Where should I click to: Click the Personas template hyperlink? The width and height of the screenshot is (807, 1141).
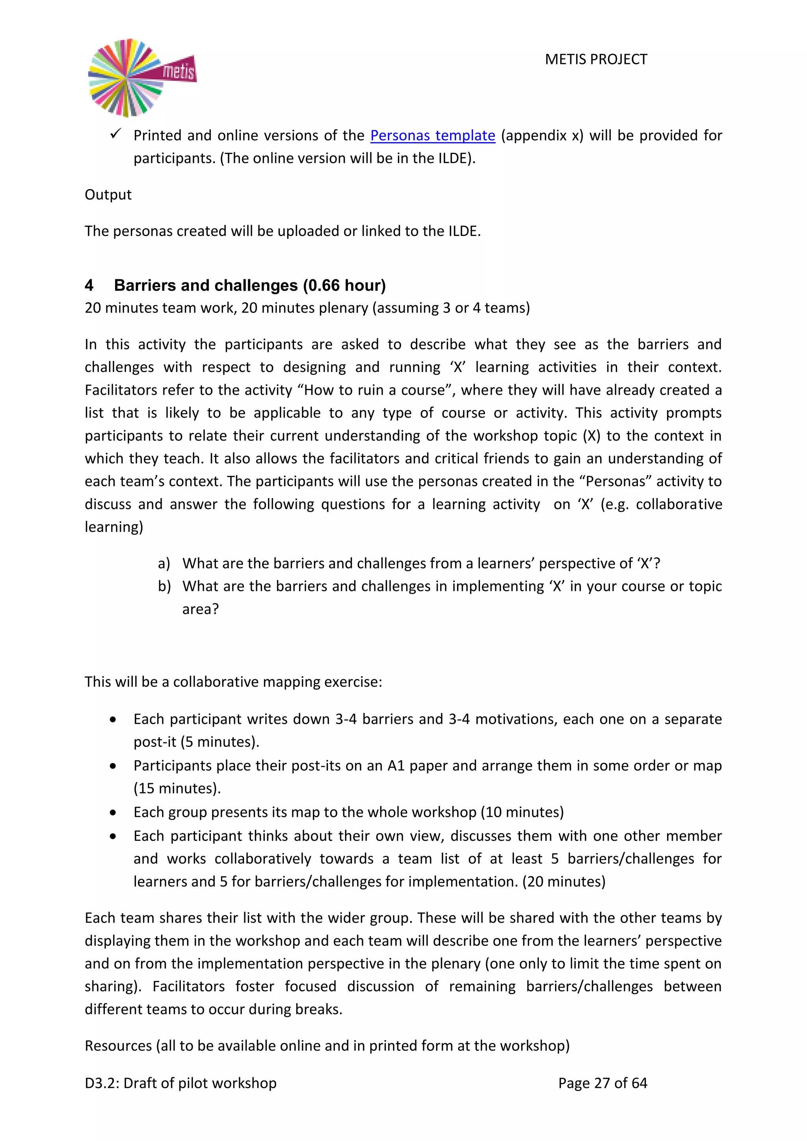point(432,135)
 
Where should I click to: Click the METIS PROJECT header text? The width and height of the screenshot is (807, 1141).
point(596,59)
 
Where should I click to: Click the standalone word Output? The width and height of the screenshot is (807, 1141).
point(108,194)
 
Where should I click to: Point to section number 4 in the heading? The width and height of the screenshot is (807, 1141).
point(89,285)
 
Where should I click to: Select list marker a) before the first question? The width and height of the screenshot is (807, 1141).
point(164,563)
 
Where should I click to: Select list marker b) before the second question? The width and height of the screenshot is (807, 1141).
point(164,586)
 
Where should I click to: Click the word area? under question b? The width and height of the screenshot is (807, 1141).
point(200,609)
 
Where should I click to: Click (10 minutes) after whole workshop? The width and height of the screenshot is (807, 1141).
point(522,812)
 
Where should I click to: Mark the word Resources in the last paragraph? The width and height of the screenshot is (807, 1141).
point(118,1046)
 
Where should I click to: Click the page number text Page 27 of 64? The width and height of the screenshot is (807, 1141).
point(602,1083)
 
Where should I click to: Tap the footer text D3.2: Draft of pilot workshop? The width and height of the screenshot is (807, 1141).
point(180,1083)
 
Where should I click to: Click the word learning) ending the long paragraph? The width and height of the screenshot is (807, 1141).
point(114,527)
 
